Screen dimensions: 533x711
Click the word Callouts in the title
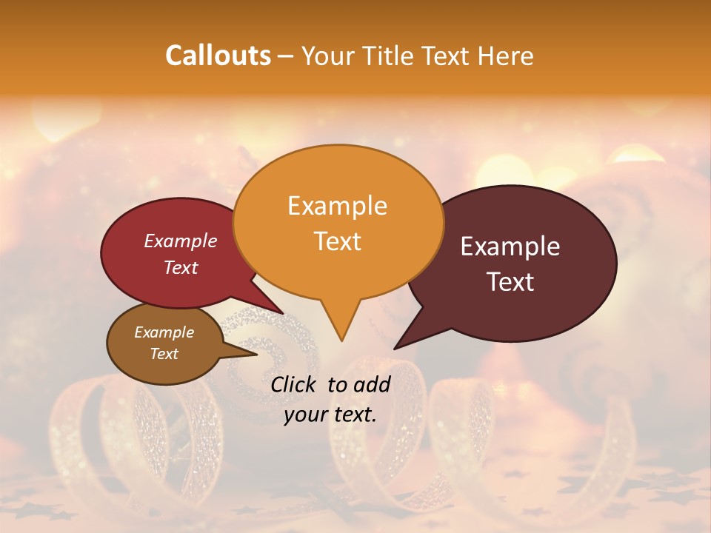tap(218, 56)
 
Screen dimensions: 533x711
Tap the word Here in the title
tap(504, 56)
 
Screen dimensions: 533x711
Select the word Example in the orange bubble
tap(337, 206)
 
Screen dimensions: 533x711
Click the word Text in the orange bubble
tap(337, 241)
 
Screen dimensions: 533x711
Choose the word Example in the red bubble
tap(181, 241)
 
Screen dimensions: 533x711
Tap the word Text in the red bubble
tap(181, 267)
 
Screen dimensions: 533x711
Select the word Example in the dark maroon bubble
tap(510, 247)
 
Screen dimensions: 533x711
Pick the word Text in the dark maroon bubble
tap(511, 281)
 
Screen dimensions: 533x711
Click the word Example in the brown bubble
tap(164, 332)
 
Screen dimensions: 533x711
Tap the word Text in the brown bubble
tap(164, 354)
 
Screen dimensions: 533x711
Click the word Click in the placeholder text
tap(295, 384)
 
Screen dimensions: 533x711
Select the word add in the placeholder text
tap(373, 384)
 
